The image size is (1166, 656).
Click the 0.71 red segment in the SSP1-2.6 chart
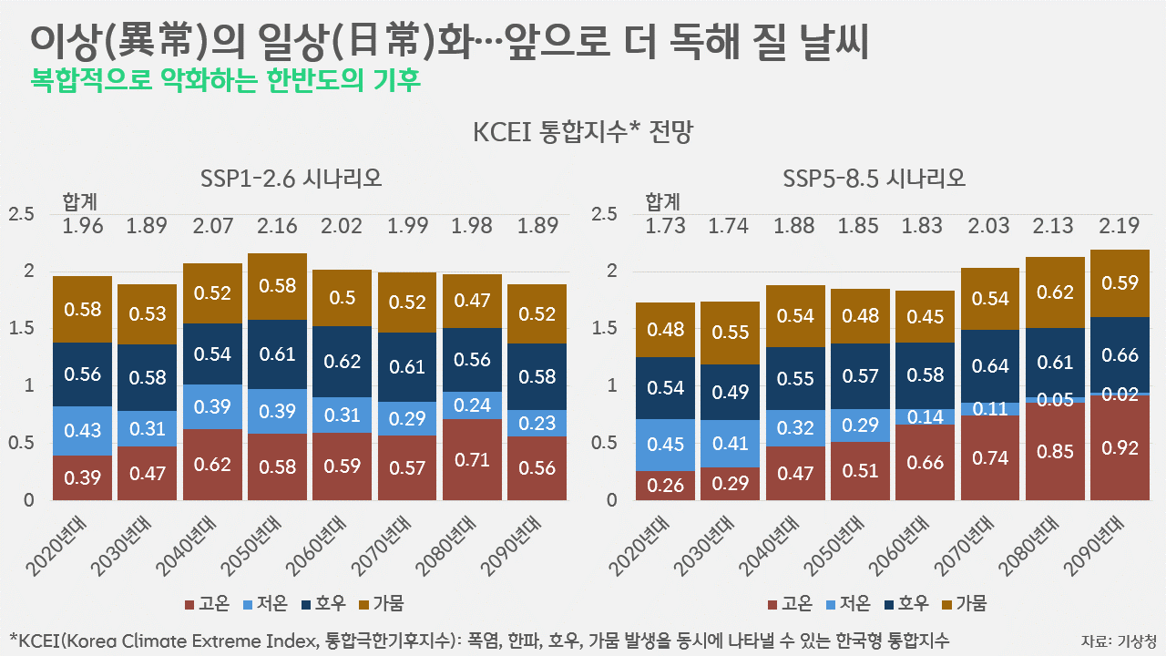(473, 459)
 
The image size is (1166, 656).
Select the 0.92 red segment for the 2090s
(1119, 446)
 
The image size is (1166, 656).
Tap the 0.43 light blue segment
(82, 430)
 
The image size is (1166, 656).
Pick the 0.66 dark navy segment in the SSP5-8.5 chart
(1119, 354)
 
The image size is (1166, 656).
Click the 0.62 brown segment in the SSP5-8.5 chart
(1054, 292)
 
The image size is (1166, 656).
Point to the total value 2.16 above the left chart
(277, 227)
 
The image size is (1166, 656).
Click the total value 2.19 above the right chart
(1119, 227)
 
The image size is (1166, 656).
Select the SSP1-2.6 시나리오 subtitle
(291, 178)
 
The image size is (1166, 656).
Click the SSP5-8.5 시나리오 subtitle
(874, 178)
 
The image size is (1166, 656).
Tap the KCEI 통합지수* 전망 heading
(583, 132)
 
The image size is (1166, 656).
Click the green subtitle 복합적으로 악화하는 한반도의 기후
(226, 80)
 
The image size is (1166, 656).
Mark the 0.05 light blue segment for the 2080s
(1054, 399)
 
